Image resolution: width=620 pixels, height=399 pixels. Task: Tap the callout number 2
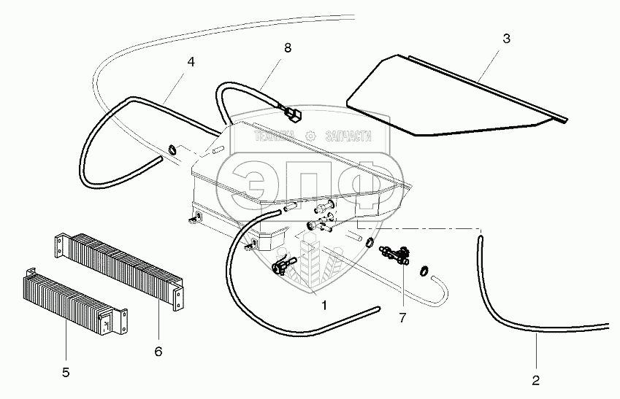536,380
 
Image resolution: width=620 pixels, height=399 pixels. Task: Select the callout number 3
505,38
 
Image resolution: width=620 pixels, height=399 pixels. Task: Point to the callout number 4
191,62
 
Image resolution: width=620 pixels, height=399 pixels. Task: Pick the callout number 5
65,373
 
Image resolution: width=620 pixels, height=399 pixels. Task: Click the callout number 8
287,48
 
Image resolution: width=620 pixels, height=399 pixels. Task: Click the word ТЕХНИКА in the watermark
273,136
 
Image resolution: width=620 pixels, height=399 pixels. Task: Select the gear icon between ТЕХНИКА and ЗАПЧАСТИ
310,136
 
